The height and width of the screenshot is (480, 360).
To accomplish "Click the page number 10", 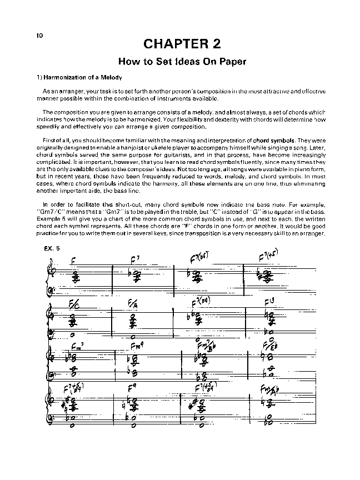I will (39, 36).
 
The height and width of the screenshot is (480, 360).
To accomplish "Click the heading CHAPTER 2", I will (180, 44).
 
